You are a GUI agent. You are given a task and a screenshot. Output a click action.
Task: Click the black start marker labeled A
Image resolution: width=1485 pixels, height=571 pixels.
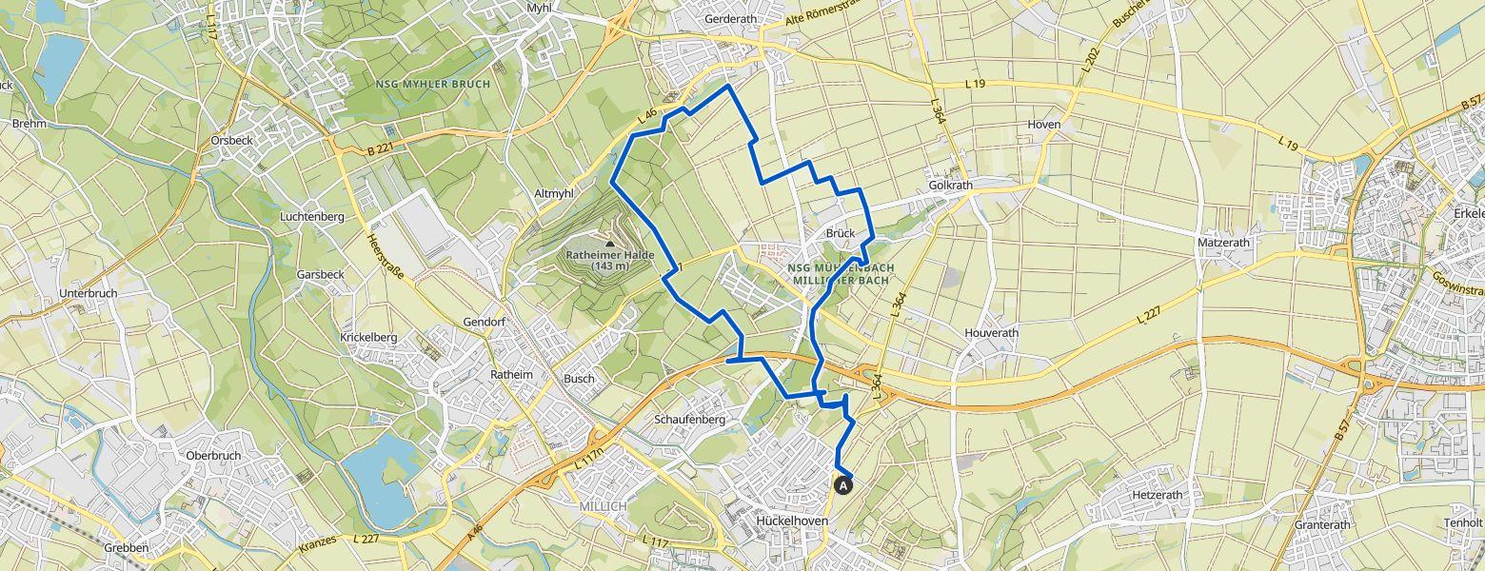pos(842,484)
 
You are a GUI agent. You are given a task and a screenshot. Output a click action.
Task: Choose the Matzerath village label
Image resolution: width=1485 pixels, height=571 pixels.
pos(1223,243)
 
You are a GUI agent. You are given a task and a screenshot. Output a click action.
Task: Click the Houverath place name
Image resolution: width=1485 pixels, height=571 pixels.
pos(991,333)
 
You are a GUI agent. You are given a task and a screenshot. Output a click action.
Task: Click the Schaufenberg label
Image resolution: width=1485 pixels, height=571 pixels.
pos(690,419)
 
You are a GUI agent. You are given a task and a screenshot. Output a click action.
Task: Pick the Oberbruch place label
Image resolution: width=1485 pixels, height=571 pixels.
pos(213,455)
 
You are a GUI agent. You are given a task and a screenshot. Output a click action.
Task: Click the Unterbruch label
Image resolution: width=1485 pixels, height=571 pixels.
pos(88,293)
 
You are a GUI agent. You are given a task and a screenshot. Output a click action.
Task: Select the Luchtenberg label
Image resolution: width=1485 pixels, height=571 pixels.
pos(311,217)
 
